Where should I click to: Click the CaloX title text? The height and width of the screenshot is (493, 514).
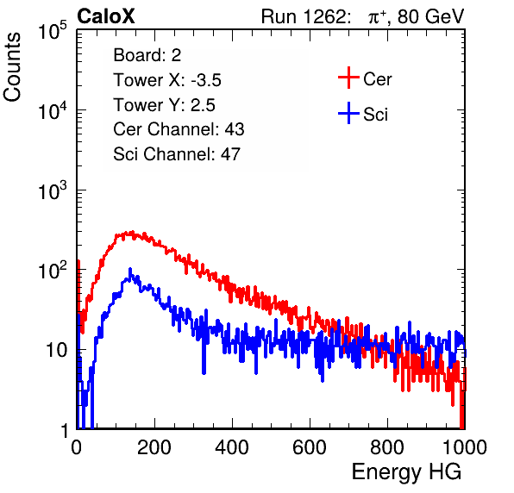point(106,16)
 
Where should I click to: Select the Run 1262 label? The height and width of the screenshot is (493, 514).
point(304,16)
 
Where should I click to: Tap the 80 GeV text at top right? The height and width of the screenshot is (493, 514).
point(430,16)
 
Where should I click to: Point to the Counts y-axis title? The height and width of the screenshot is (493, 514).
point(12,67)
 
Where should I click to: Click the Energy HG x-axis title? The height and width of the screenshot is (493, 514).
point(406,472)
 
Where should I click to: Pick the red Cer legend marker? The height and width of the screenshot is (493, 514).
point(348,78)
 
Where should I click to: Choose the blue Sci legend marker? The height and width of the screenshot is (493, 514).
point(348,113)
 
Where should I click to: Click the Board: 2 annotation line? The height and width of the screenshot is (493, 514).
point(147,55)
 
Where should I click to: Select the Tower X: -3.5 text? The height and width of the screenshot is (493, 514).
point(167,80)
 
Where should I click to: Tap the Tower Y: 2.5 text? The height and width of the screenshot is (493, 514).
point(164,105)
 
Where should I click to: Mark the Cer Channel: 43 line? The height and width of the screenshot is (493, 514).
point(179,129)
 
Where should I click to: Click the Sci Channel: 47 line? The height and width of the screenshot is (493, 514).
point(177,154)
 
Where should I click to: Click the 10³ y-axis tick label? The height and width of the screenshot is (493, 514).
point(53,190)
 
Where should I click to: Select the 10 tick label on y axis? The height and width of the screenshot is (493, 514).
point(56,350)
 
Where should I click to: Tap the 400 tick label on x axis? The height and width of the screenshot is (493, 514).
point(232,447)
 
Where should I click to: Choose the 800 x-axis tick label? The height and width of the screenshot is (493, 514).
point(387,447)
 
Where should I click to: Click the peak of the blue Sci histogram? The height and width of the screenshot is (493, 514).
point(130,269)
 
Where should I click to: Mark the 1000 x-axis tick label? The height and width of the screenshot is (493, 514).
point(465,447)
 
